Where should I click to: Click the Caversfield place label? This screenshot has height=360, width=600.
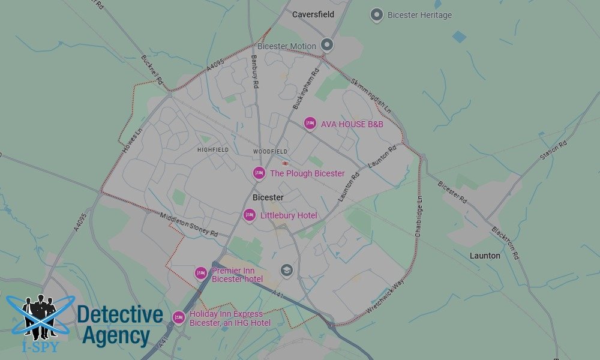tap(313, 14)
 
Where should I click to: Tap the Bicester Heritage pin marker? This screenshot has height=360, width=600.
tap(377, 15)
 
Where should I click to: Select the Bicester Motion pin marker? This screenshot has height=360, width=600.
tap(327, 44)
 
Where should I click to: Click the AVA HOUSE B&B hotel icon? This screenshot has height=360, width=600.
tap(310, 124)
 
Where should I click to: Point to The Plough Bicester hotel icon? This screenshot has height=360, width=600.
tap(259, 173)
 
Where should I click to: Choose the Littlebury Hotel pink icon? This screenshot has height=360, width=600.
tap(249, 215)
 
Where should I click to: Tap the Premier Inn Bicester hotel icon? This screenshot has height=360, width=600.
tap(201, 273)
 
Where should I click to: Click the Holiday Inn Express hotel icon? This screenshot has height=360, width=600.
tap(179, 317)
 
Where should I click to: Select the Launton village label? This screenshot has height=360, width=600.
tap(485, 256)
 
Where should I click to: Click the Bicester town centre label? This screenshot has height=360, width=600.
tap(268, 197)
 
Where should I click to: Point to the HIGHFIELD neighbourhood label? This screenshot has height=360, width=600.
tap(212, 150)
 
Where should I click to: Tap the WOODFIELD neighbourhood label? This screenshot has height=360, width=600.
tap(270, 151)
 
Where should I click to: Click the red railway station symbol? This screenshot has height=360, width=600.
tap(286, 162)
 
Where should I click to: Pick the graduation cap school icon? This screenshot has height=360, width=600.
tap(287, 271)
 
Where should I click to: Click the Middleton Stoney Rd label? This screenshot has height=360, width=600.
tap(188, 225)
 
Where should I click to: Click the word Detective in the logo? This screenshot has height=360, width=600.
tap(120, 314)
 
